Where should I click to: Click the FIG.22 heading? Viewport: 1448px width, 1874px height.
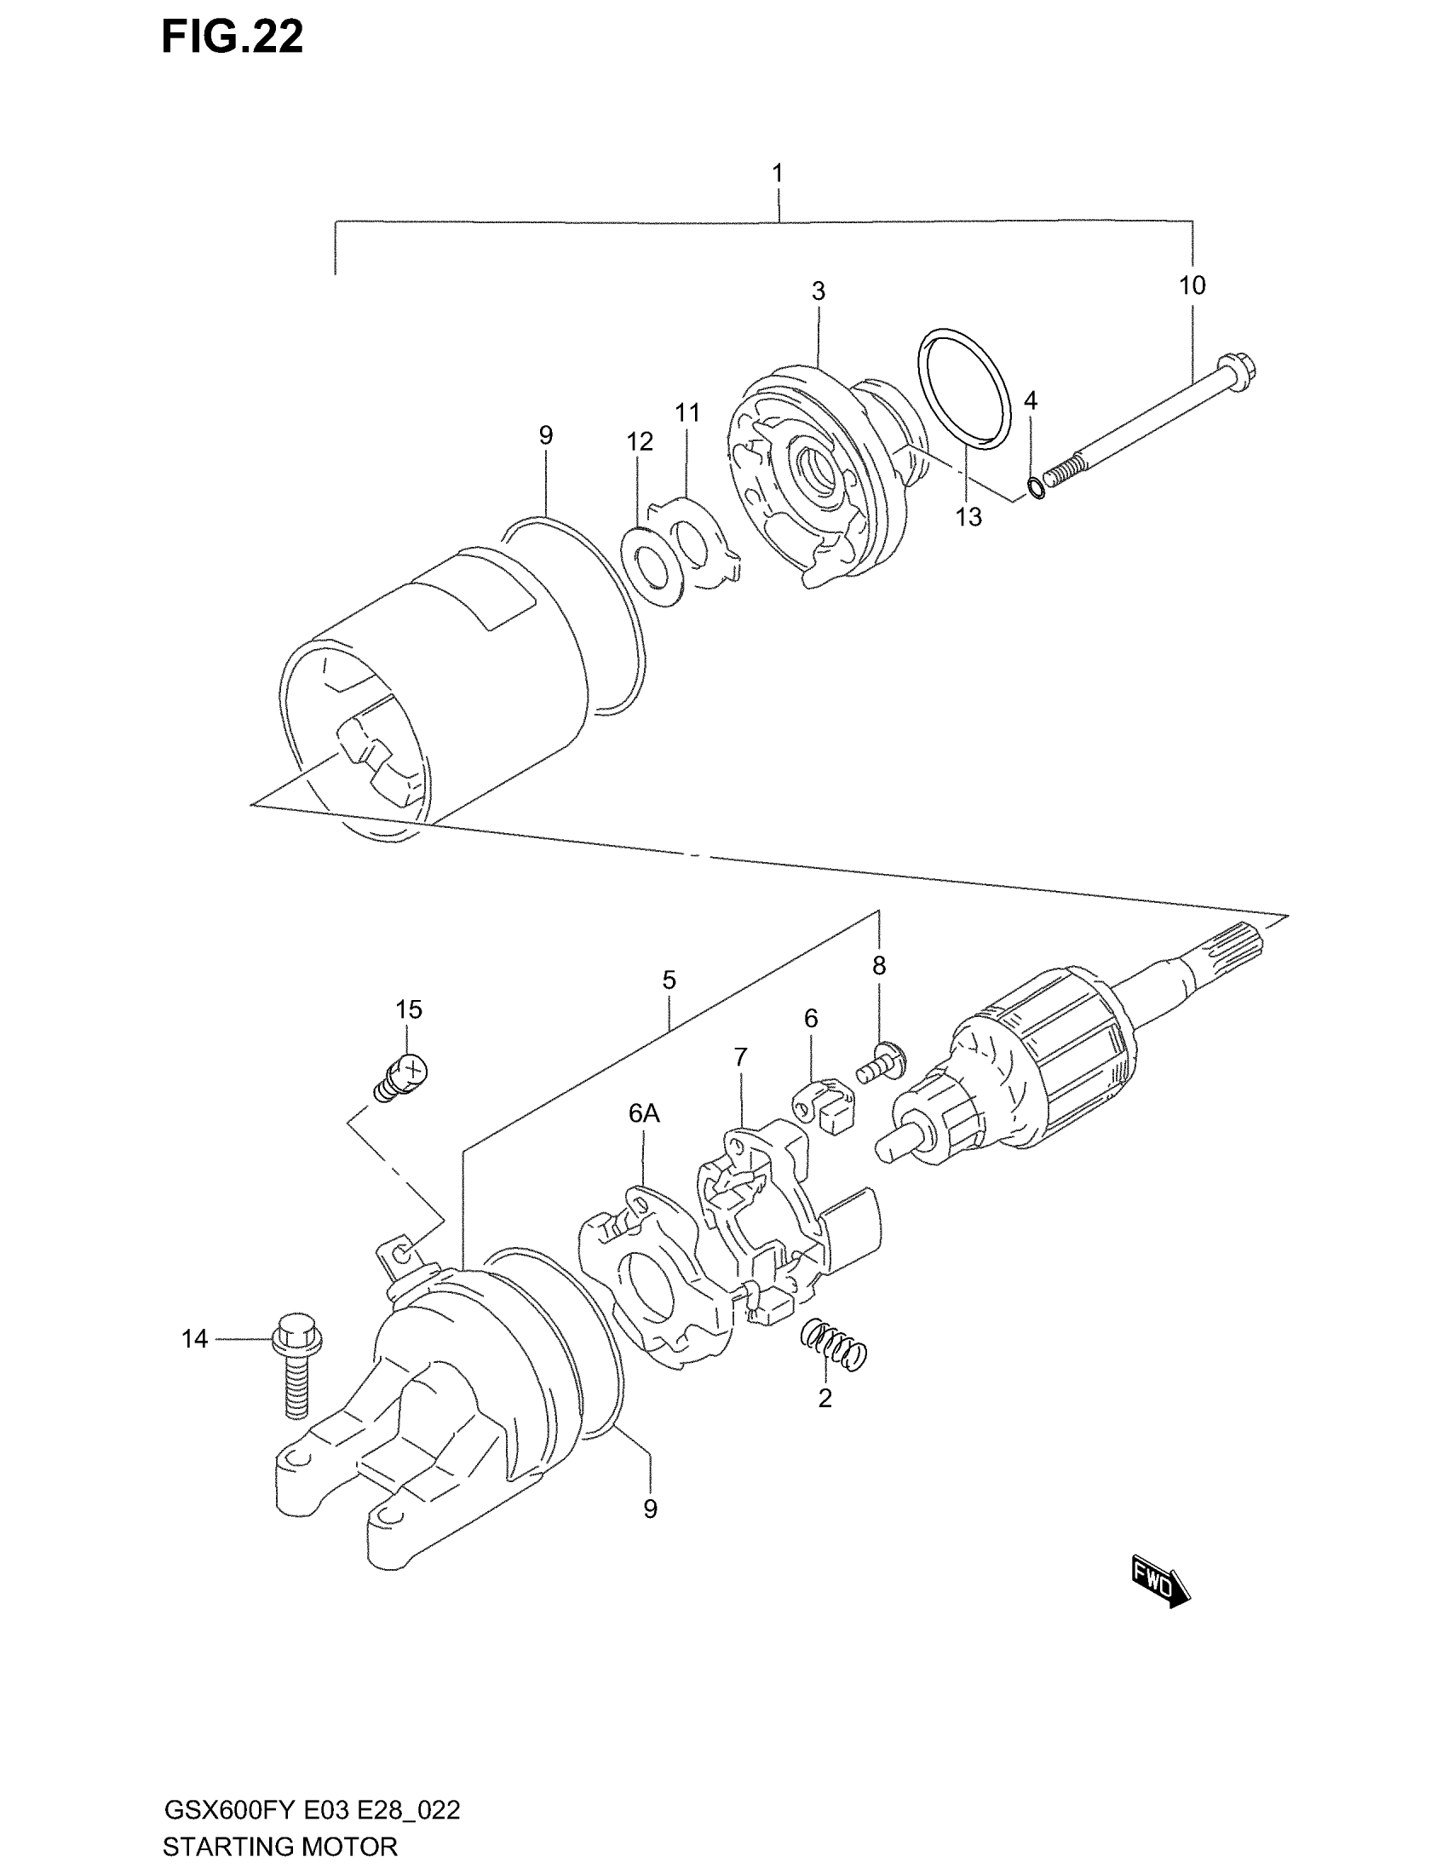tap(232, 38)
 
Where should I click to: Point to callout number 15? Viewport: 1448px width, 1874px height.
tap(408, 1009)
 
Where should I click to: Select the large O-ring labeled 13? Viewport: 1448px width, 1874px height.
tap(963, 388)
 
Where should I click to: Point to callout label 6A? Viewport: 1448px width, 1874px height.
tap(644, 1114)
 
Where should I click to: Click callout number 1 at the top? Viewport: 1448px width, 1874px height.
tap(777, 174)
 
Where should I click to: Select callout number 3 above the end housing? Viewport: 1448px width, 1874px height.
tap(819, 291)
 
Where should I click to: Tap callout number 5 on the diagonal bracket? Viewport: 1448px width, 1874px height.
tap(669, 980)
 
